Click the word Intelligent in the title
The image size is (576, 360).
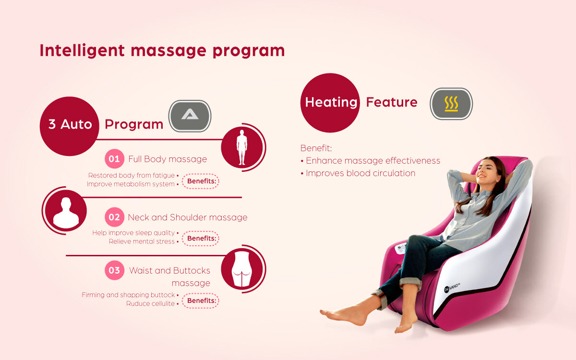coord(82,51)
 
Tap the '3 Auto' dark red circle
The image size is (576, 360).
coord(70,126)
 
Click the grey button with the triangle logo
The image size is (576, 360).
coord(190,116)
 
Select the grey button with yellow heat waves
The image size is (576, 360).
coord(451,104)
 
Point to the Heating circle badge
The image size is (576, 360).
coord(330,103)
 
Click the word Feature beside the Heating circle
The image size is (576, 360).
coord(392,102)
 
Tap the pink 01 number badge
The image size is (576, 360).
coord(114,159)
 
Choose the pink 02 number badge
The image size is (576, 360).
coord(114,217)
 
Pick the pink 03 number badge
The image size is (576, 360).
coord(114,270)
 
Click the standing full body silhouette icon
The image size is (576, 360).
coord(242,147)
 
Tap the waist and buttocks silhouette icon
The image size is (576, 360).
coord(242,269)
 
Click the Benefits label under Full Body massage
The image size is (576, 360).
coord(201,181)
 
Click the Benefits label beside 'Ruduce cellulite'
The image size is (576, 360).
coord(201,300)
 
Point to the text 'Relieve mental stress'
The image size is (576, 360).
coord(142,241)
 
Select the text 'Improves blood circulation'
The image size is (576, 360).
coord(360,173)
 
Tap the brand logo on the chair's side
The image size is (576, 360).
coord(452,288)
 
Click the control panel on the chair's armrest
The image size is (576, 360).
coord(400,249)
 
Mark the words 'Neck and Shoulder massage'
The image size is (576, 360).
coord(188,217)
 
